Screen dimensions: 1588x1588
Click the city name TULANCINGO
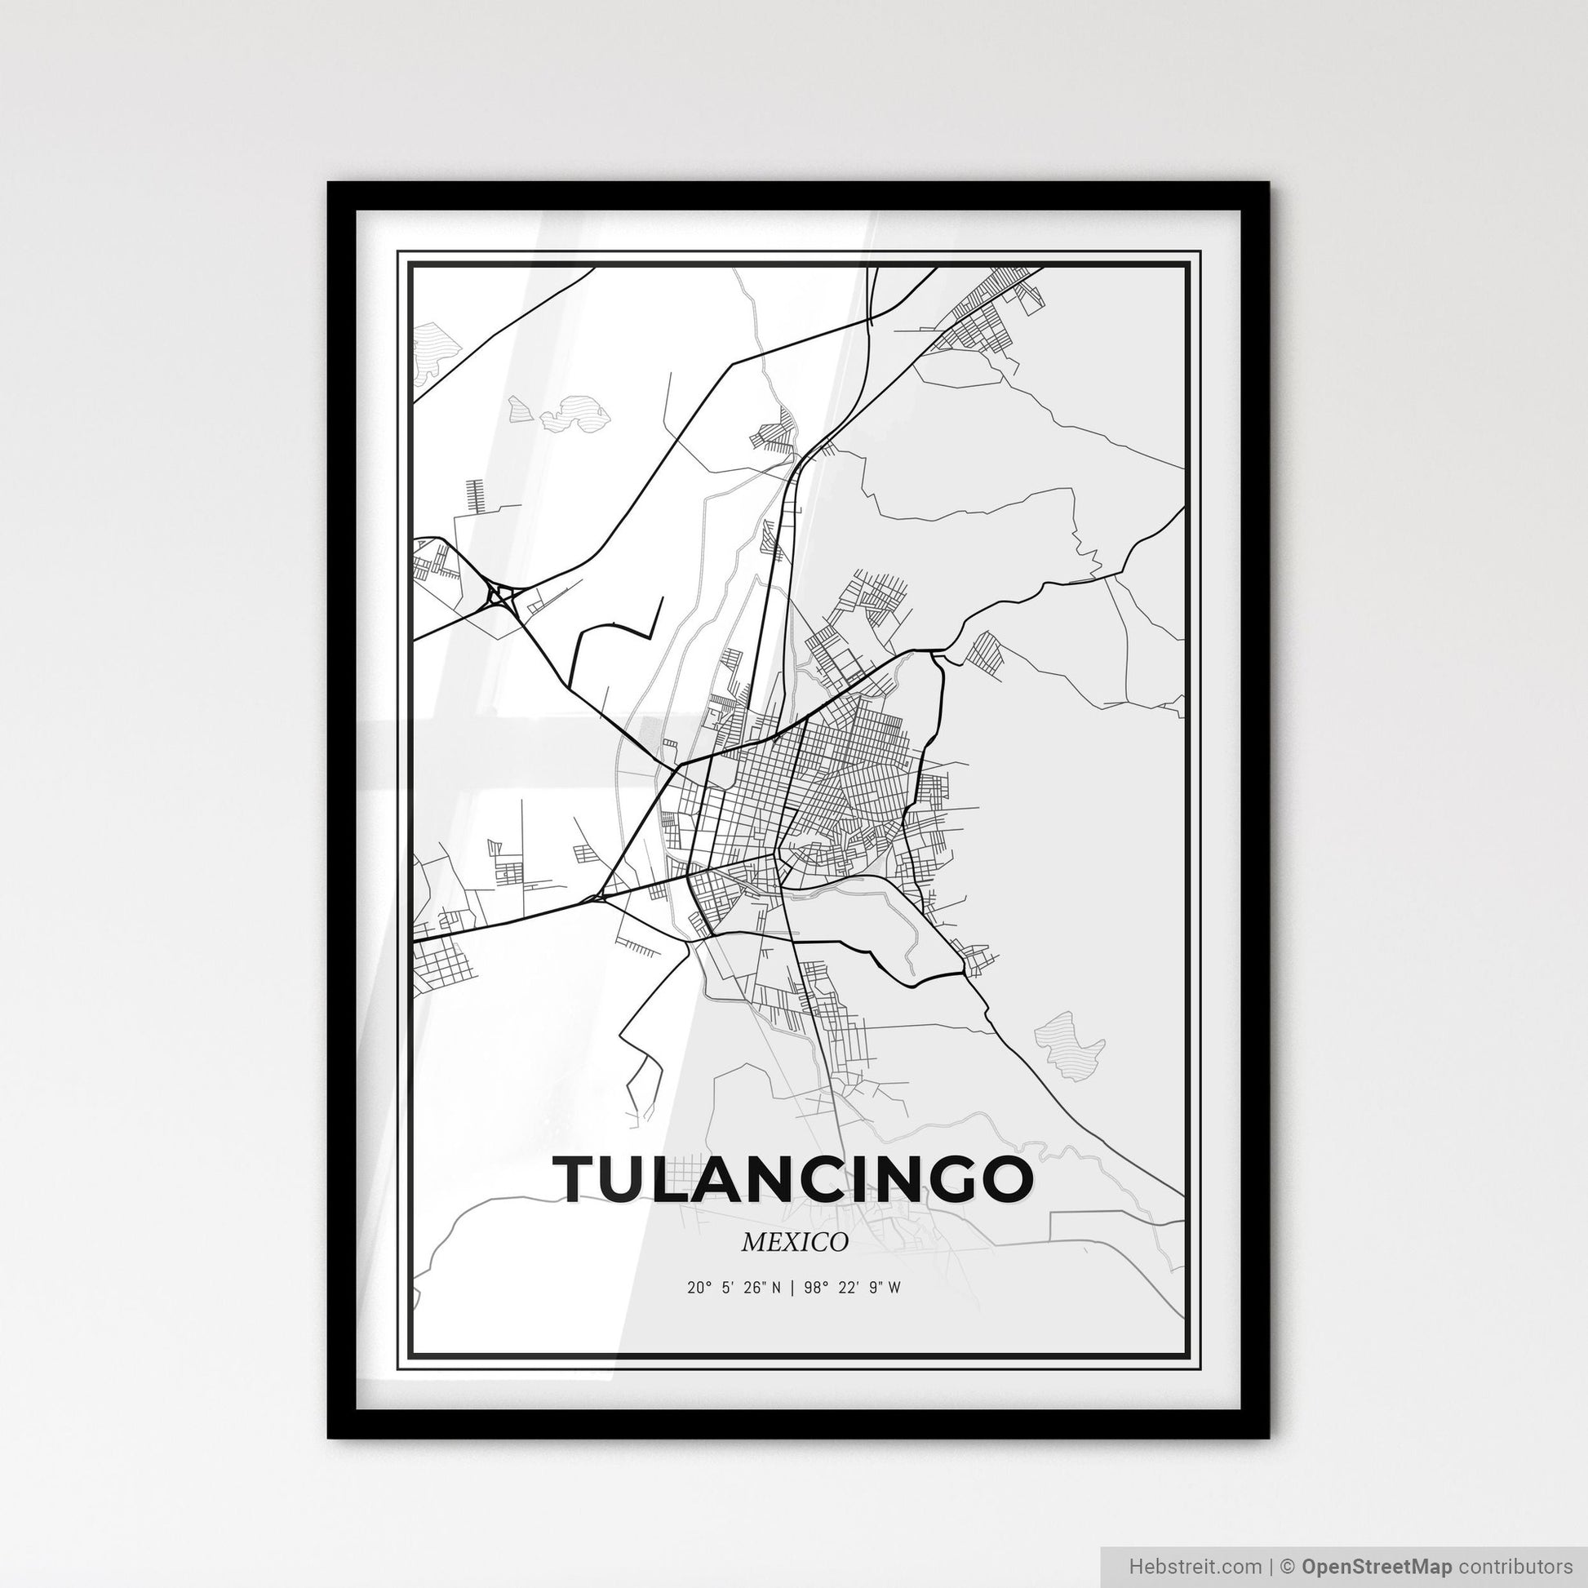click(x=794, y=1178)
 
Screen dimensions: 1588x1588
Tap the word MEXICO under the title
click(x=794, y=1243)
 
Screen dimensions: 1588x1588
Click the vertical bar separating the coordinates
click(x=791, y=1288)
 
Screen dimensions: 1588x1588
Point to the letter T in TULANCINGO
click(x=578, y=1178)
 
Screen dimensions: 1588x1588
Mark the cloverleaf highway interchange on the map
click(x=499, y=595)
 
